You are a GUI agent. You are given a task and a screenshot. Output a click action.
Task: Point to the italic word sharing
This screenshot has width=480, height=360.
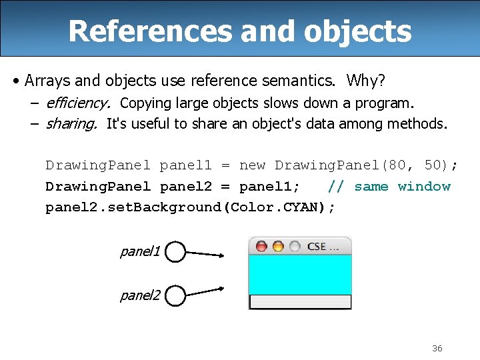71,123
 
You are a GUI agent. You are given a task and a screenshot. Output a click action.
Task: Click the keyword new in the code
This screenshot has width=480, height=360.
252,165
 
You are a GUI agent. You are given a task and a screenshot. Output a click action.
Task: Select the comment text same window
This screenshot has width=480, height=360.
403,186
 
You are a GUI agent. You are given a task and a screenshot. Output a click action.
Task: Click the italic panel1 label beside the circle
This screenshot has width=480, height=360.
140,251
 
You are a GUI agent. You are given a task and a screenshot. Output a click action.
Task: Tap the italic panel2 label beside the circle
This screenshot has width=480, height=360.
140,295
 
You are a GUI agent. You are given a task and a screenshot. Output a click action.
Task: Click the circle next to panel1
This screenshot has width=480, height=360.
175,252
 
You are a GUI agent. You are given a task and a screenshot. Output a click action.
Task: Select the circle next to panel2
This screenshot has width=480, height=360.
175,295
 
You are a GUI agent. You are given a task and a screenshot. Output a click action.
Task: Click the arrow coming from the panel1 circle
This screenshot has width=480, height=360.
205,253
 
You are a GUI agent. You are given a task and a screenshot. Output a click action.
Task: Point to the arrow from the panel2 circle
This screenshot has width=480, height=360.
205,291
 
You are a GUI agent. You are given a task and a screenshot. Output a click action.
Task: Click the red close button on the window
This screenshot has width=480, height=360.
261,247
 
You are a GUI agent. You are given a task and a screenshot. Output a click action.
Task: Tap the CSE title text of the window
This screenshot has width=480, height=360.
323,246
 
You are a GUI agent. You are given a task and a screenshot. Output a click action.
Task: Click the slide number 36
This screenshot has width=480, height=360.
437,348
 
